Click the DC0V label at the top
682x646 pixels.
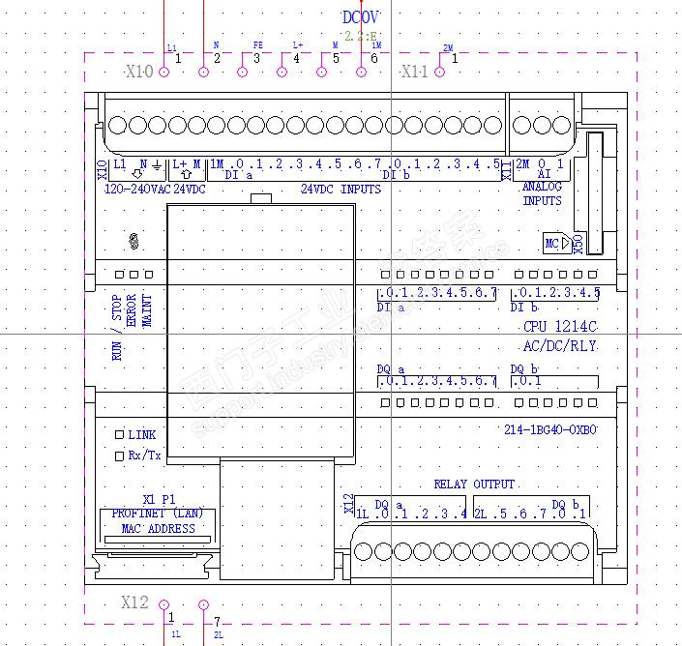pyautogui.click(x=362, y=16)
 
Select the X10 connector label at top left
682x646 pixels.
pyautogui.click(x=139, y=72)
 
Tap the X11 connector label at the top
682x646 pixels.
pyautogui.click(x=414, y=72)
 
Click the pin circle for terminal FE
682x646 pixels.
pyautogui.click(x=243, y=71)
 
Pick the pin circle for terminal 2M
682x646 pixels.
pyautogui.click(x=441, y=71)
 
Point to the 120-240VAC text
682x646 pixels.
pyautogui.click(x=136, y=190)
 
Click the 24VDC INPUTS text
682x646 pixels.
pyautogui.click(x=341, y=190)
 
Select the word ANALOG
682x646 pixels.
pyautogui.click(x=542, y=187)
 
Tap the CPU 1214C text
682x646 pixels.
pyautogui.click(x=560, y=328)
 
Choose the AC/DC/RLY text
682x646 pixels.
pyautogui.click(x=559, y=345)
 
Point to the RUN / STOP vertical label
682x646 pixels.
pyautogui.click(x=117, y=328)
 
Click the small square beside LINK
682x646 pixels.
pyautogui.click(x=120, y=435)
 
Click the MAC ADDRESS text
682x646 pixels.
pyautogui.click(x=158, y=529)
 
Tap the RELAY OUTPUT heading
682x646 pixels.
pyautogui.click(x=474, y=484)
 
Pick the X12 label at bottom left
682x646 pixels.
pyautogui.click(x=134, y=603)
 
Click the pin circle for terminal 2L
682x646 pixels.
pyautogui.click(x=203, y=605)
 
